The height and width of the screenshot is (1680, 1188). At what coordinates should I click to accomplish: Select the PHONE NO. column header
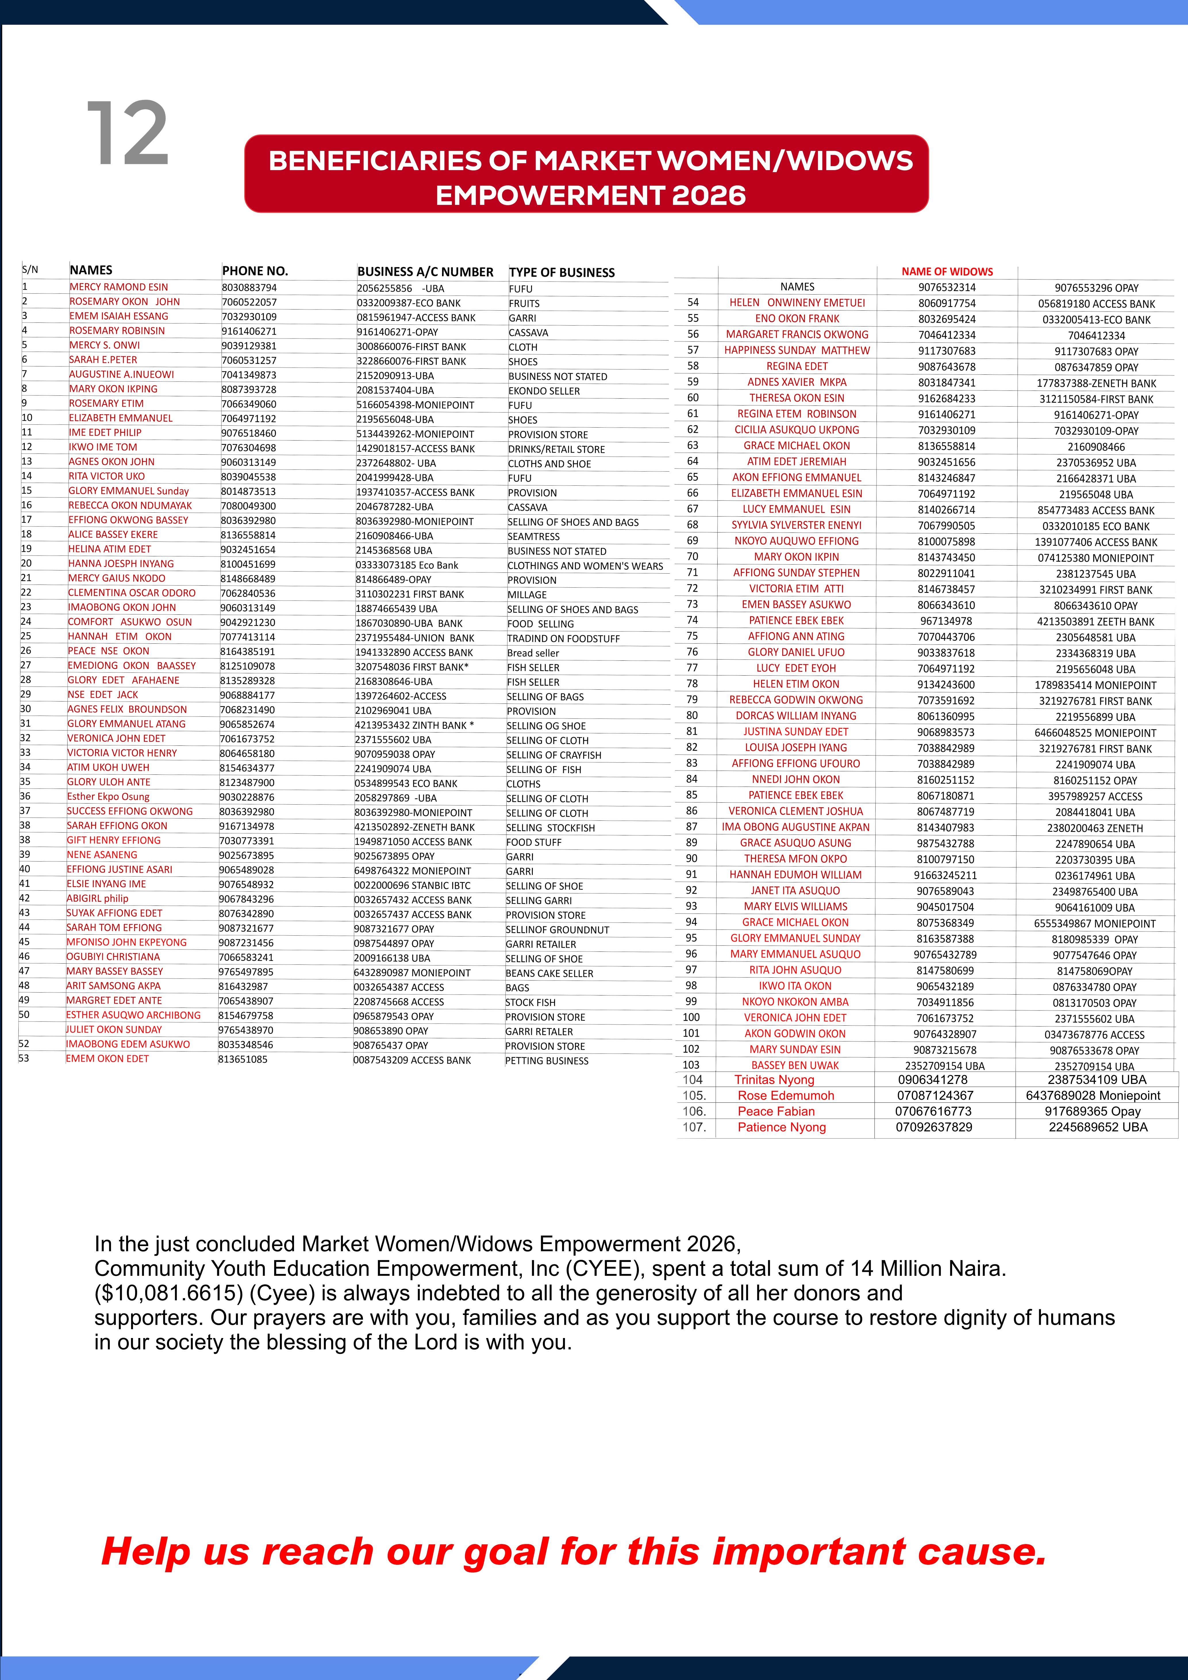[x=255, y=271]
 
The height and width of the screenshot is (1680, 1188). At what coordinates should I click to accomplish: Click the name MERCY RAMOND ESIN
[x=118, y=287]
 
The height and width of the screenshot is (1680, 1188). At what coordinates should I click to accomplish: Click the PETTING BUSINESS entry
[x=547, y=1060]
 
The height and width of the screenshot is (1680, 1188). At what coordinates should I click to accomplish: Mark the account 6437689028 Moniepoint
[x=1093, y=1095]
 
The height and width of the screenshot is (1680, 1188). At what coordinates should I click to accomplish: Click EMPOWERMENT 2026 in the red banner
[x=590, y=195]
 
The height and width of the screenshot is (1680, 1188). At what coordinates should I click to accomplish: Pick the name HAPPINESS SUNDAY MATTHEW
[x=797, y=351]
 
